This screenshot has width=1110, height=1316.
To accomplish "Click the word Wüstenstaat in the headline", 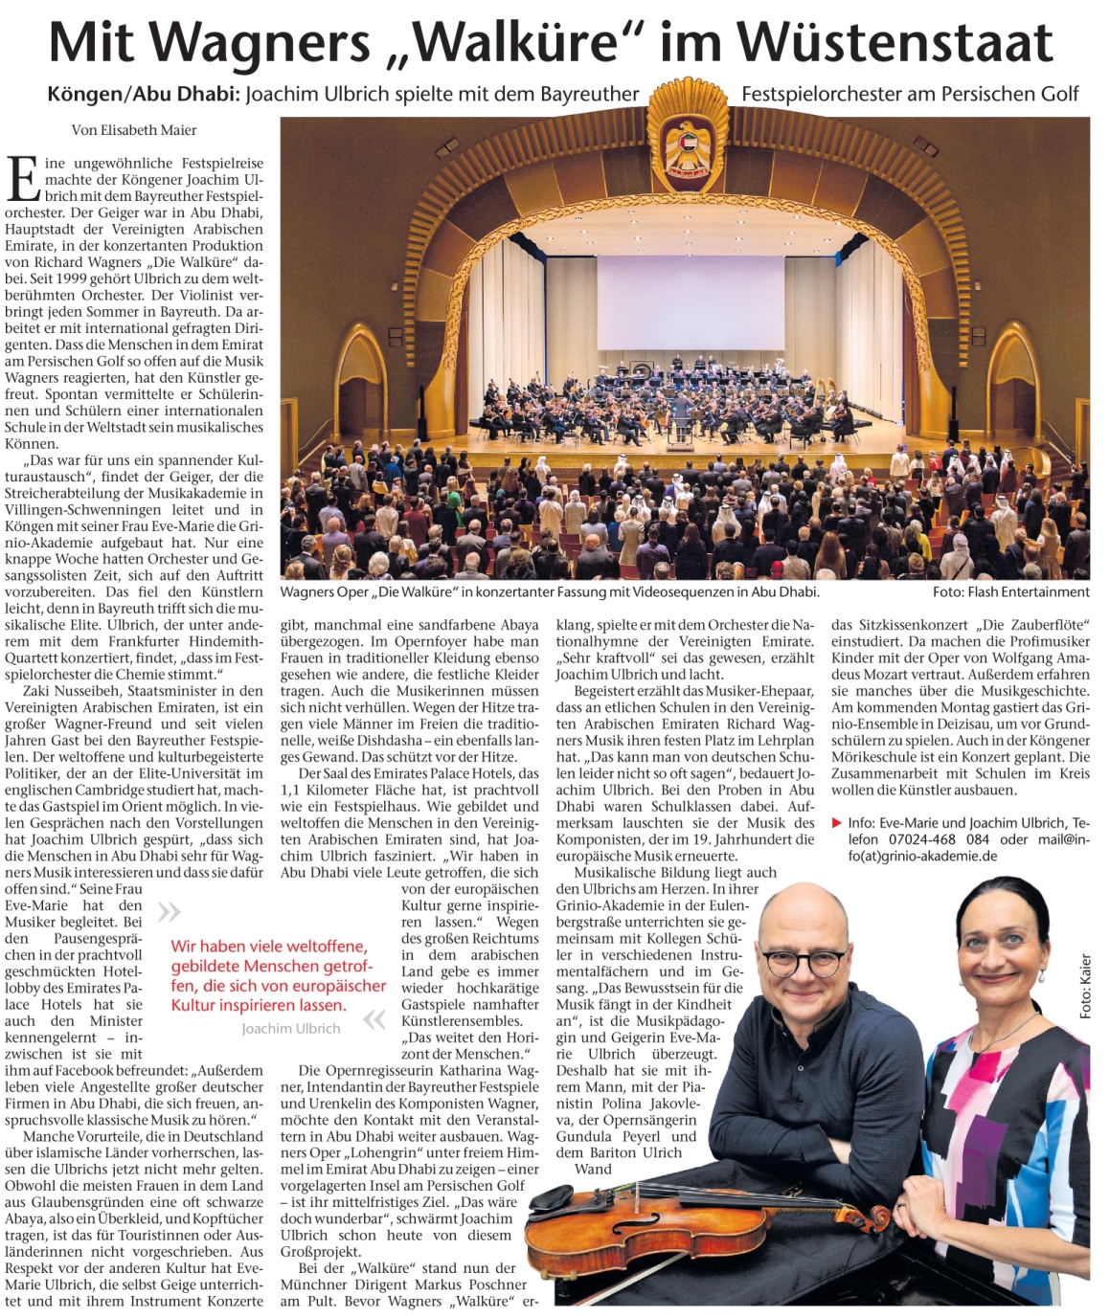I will coord(895,43).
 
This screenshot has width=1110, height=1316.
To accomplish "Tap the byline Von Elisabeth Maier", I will coord(134,130).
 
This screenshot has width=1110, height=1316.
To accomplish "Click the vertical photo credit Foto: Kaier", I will coord(1085,986).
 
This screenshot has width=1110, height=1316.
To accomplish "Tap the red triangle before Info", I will coord(837,823).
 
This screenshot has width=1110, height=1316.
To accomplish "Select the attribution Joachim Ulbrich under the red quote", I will coord(290,1029).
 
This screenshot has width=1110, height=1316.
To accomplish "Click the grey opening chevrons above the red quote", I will coord(169,911).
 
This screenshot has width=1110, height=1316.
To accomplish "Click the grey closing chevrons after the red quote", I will coord(374,1020).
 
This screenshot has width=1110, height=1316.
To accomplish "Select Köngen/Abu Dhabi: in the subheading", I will coord(143,95).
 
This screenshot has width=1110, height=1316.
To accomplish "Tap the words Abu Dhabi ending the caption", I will coord(785,592).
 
